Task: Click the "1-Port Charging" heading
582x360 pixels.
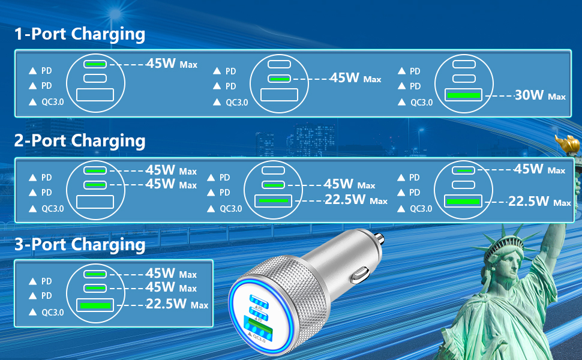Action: tap(80, 34)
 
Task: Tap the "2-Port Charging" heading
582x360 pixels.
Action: tap(80, 141)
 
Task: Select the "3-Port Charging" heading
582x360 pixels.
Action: tap(80, 245)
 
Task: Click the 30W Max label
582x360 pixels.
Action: tap(540, 95)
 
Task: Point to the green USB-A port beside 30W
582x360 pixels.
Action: tap(464, 95)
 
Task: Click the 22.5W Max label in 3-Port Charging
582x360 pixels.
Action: tap(177, 304)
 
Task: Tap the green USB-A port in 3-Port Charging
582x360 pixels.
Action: tap(95, 305)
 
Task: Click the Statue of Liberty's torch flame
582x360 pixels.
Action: tap(567, 143)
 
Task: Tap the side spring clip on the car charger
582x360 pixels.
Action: tap(359, 275)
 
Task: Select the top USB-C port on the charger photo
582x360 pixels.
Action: tap(259, 301)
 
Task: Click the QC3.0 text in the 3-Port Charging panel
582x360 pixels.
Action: tap(53, 313)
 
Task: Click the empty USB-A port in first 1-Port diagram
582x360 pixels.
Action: tap(95, 95)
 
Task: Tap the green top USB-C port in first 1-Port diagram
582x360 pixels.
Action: tap(95, 64)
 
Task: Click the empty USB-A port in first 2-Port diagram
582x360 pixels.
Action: tap(95, 202)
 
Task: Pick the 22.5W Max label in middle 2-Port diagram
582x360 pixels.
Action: tap(356, 200)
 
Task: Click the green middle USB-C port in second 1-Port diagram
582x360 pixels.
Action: tap(279, 79)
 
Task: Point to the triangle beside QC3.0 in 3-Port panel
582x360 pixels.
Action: tap(32, 313)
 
